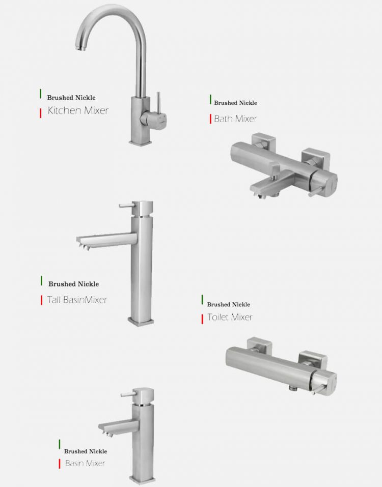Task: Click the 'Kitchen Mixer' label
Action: pyautogui.click(x=78, y=110)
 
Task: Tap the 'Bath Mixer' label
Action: pyautogui.click(x=235, y=119)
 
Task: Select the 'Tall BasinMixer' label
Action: pyautogui.click(x=77, y=300)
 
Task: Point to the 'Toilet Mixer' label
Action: pyautogui.click(x=230, y=317)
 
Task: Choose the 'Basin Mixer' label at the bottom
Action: pyautogui.click(x=85, y=463)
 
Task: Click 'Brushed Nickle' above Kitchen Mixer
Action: pyautogui.click(x=71, y=98)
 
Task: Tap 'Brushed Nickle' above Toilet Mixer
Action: pyautogui.click(x=229, y=304)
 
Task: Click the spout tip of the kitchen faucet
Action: pyautogui.click(x=80, y=48)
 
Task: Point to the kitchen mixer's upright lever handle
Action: pyautogui.click(x=158, y=102)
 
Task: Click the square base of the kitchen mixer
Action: pyautogui.click(x=141, y=142)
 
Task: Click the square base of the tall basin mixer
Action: pyautogui.click(x=141, y=321)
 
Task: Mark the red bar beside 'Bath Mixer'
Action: pyautogui.click(x=210, y=119)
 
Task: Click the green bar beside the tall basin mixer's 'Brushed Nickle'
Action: pyautogui.click(x=41, y=280)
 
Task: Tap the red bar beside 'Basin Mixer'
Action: pyautogui.click(x=60, y=464)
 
